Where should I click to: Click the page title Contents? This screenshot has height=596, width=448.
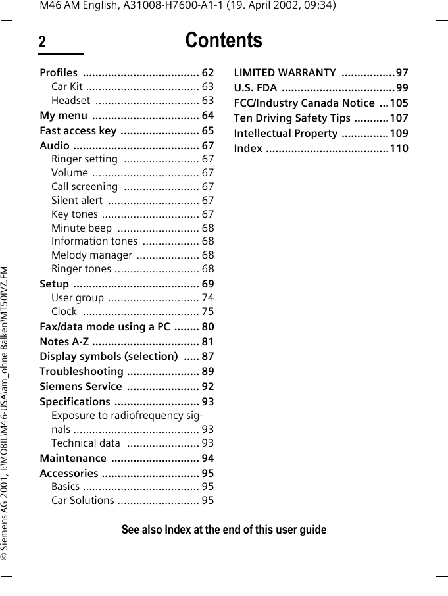click(x=223, y=41)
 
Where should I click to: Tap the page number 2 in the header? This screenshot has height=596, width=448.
click(x=42, y=43)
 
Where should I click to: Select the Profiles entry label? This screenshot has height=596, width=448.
click(x=59, y=72)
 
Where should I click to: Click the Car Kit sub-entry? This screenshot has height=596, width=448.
click(x=67, y=87)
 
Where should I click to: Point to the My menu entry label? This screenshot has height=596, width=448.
click(x=63, y=116)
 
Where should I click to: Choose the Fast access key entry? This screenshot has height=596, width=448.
click(x=78, y=131)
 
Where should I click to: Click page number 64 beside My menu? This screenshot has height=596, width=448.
click(x=207, y=116)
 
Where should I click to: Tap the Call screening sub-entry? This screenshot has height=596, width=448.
click(x=84, y=187)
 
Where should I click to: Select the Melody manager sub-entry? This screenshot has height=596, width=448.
click(x=91, y=255)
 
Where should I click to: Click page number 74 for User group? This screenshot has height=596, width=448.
click(x=207, y=298)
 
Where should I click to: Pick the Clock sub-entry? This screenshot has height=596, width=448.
click(x=64, y=312)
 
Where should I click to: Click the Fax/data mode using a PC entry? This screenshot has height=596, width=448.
click(x=105, y=327)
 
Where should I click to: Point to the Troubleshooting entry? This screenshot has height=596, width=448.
click(x=82, y=372)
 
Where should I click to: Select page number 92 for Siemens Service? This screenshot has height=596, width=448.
click(x=207, y=387)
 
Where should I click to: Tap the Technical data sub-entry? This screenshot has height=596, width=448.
click(x=86, y=443)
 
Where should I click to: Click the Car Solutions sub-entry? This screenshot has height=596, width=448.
click(x=83, y=501)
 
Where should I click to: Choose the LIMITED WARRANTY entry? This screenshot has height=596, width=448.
click(x=285, y=72)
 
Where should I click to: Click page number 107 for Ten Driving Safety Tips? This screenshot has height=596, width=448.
click(x=399, y=118)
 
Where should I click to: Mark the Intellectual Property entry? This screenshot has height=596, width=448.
click(x=286, y=133)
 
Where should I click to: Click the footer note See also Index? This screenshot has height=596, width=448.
click(x=224, y=530)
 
